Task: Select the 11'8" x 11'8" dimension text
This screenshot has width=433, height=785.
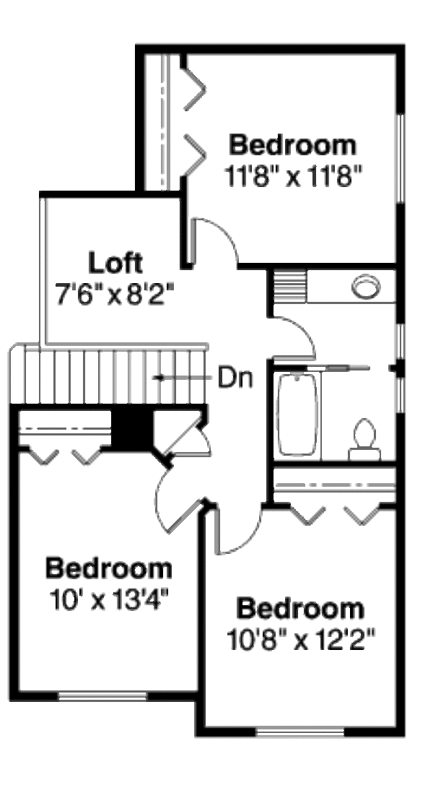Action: pyautogui.click(x=293, y=177)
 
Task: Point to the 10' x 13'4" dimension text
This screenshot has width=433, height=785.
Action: pyautogui.click(x=108, y=599)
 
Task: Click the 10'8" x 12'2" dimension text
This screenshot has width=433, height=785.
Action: pyautogui.click(x=301, y=640)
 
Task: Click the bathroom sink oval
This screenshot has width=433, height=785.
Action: pyautogui.click(x=366, y=287)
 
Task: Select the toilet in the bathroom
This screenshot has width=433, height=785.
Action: pyautogui.click(x=364, y=440)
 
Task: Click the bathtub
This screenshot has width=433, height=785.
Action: pyautogui.click(x=297, y=415)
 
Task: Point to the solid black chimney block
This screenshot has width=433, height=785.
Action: pyautogui.click(x=131, y=430)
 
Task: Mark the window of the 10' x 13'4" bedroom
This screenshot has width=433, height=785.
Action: pyautogui.click(x=102, y=695)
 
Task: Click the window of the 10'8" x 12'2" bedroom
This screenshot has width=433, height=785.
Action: pyautogui.click(x=300, y=732)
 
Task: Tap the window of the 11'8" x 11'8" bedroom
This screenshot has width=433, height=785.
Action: pyautogui.click(x=400, y=158)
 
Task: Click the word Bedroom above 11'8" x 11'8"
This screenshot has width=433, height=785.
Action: pyautogui.click(x=292, y=145)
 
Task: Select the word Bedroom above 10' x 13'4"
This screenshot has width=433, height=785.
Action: pyautogui.click(x=108, y=568)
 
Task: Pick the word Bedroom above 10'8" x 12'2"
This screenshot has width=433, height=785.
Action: pyautogui.click(x=300, y=609)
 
